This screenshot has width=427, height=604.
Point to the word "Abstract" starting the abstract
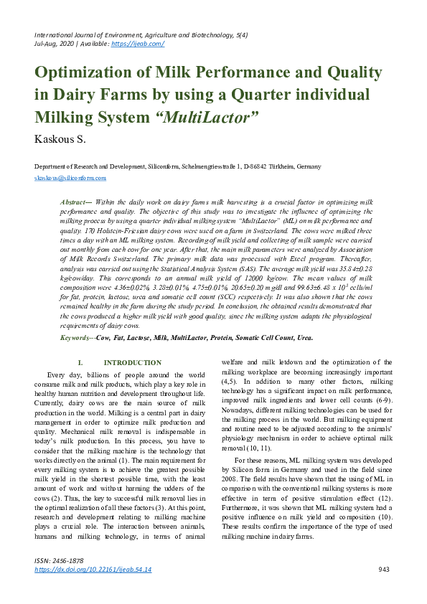[74, 204]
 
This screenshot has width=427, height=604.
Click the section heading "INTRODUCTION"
[133, 363]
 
